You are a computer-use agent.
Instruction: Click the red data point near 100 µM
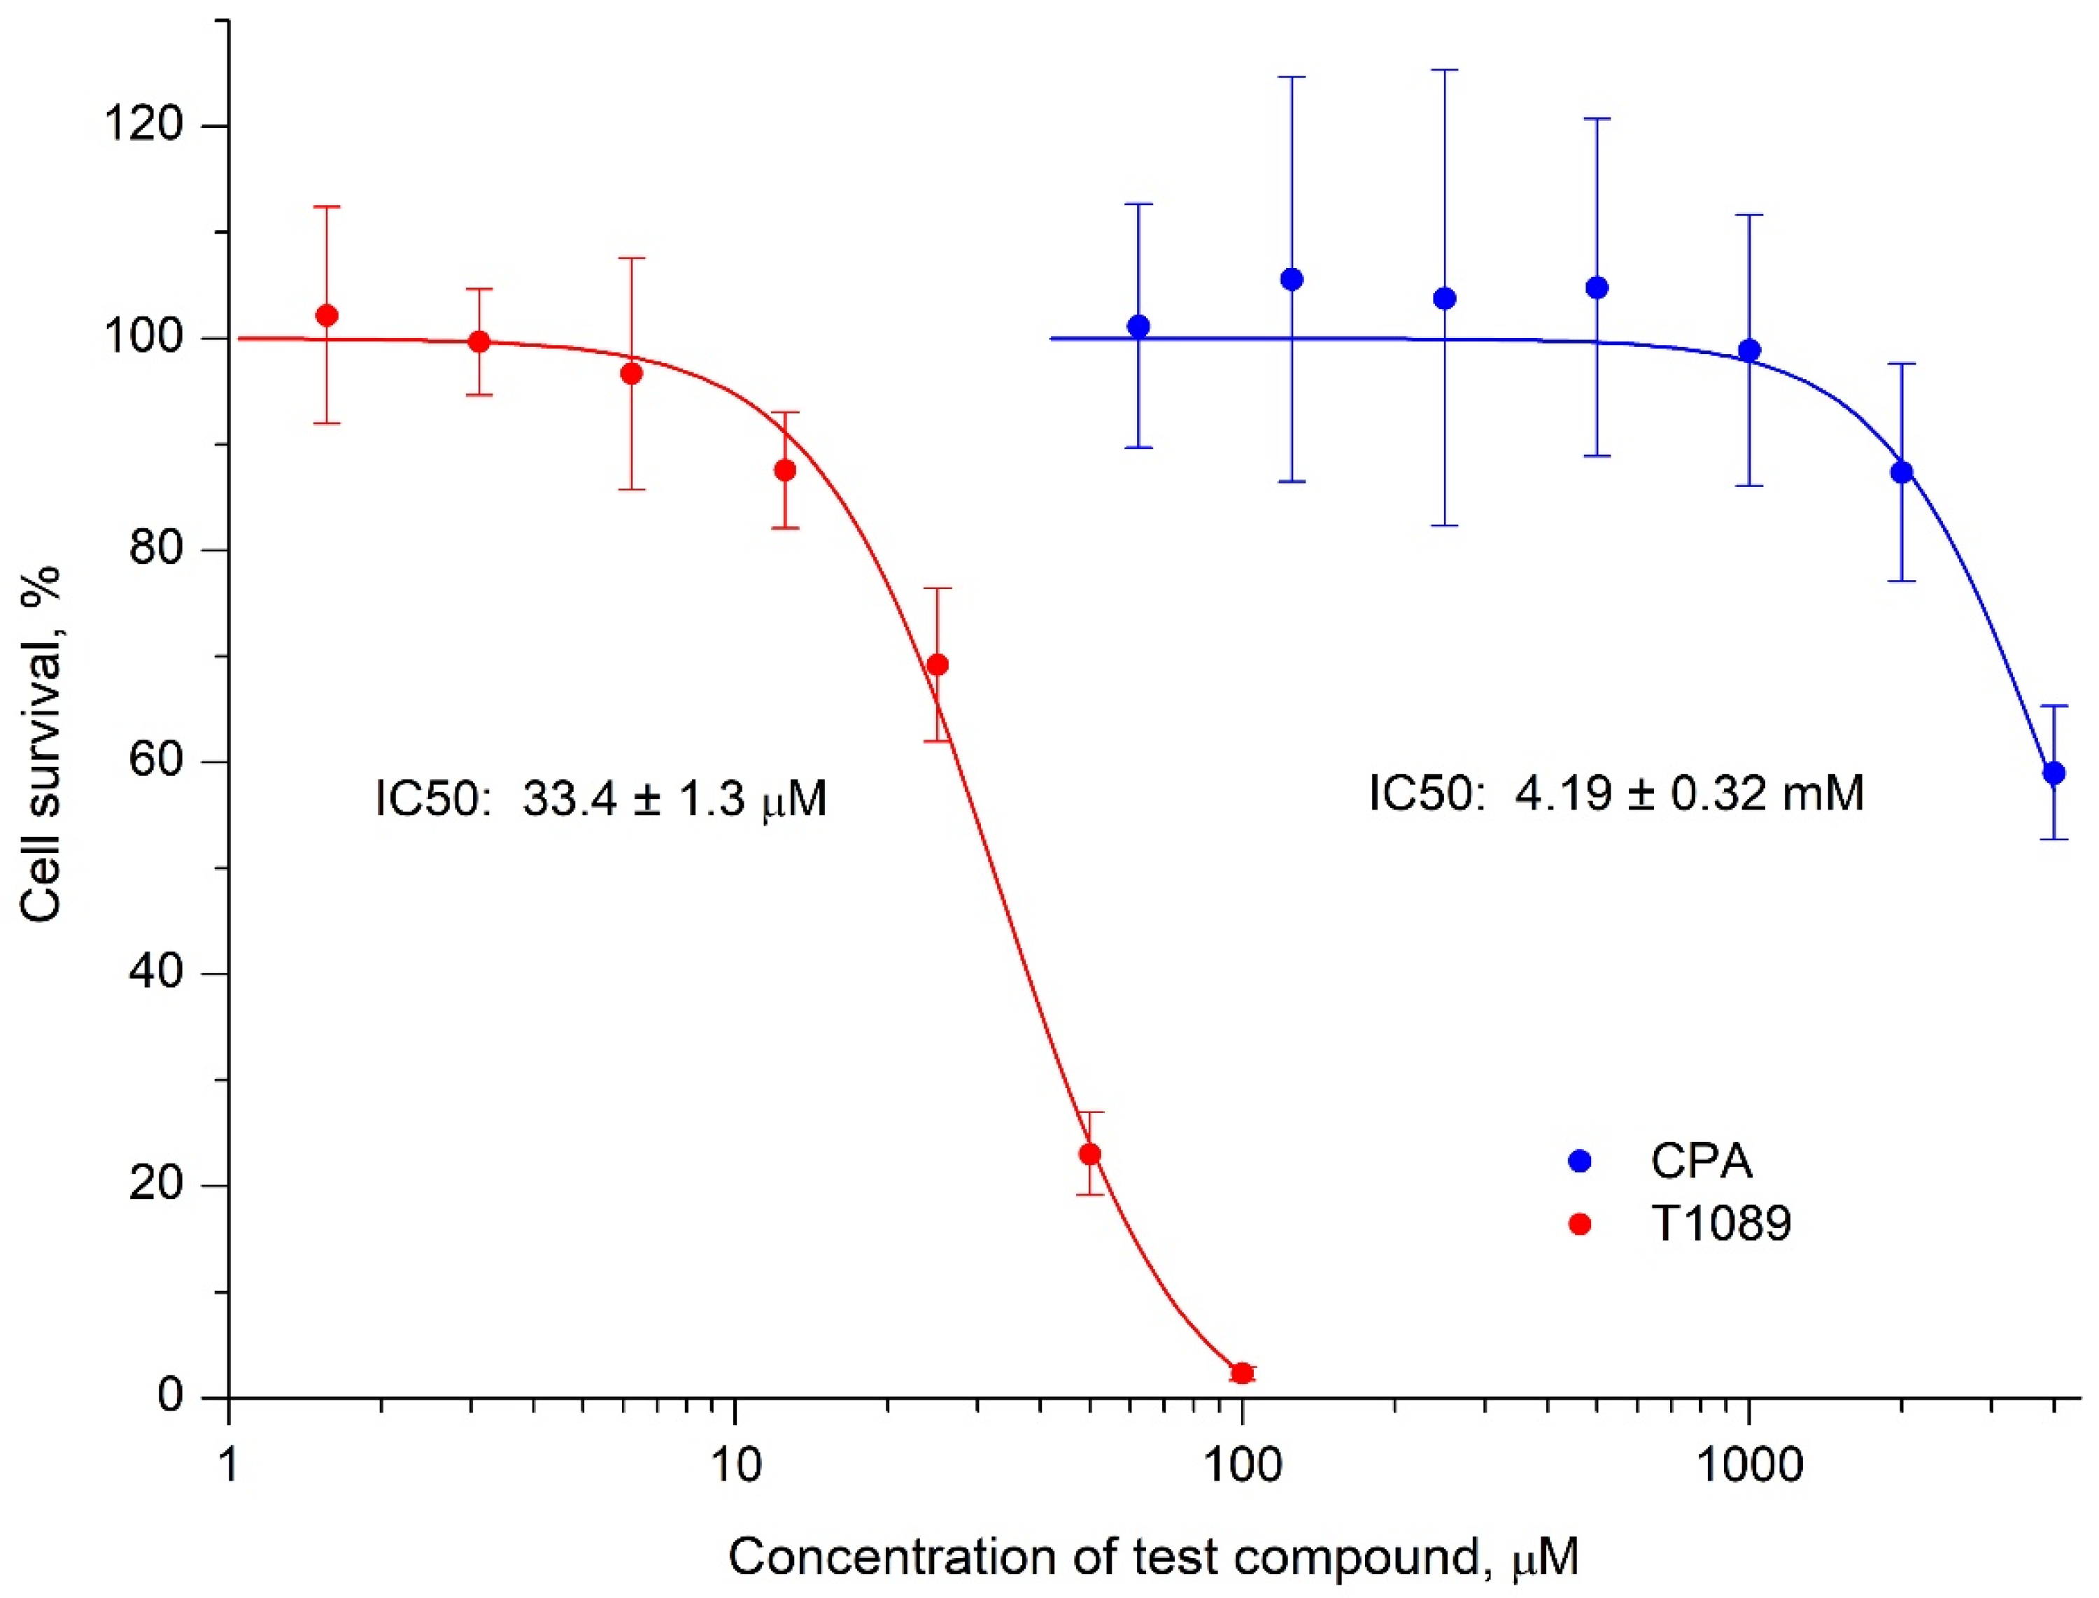[x=1241, y=1373]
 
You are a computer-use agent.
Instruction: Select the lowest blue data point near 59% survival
[x=2054, y=773]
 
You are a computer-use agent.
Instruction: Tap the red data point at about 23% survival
[x=1090, y=1154]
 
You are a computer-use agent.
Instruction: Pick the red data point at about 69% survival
[x=938, y=664]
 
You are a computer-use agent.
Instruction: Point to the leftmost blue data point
[x=1138, y=326]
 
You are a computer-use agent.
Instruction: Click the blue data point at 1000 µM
[x=1749, y=350]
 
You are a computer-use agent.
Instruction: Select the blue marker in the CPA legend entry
[x=1580, y=1161]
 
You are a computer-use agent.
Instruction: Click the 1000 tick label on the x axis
[x=1749, y=1466]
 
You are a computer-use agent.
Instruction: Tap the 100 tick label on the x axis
[x=1241, y=1466]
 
